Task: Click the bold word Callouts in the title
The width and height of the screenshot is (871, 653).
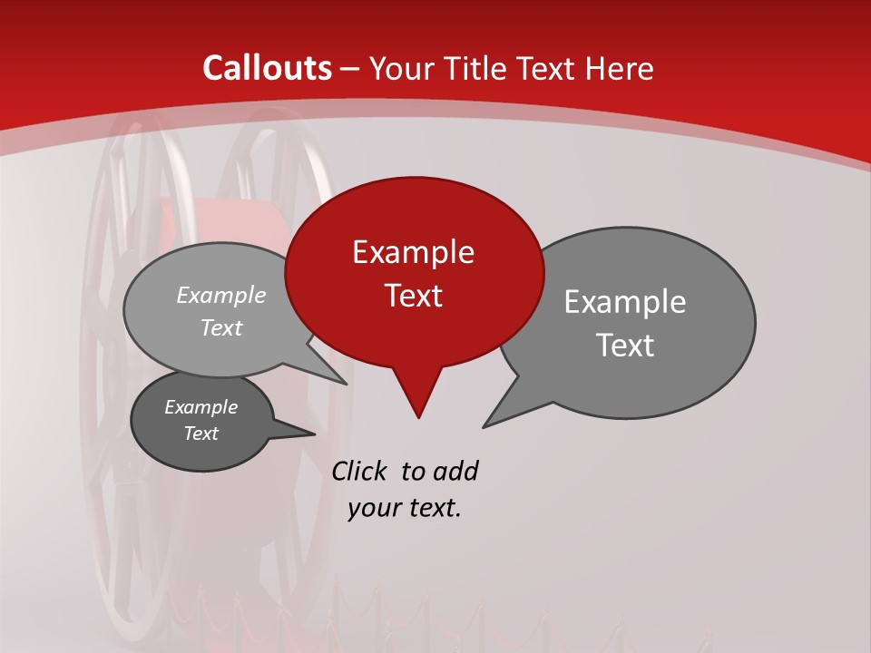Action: pos(267,68)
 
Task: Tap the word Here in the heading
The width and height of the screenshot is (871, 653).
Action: pos(619,68)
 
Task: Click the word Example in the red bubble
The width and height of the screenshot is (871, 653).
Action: pos(413,252)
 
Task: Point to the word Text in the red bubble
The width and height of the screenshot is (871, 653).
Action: pos(413,296)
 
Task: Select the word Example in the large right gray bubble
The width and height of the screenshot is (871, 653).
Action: pos(625,302)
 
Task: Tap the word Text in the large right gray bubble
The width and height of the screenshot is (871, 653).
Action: pos(625,346)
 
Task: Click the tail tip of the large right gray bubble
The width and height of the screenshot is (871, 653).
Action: pos(484,426)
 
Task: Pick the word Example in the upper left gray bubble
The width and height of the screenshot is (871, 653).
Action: pos(221,296)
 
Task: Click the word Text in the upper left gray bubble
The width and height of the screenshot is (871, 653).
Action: pos(221,328)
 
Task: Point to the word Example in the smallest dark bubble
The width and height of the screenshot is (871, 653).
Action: pos(201,407)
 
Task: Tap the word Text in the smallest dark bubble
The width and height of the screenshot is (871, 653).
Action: pos(201,434)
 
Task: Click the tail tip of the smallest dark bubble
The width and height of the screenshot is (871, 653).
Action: pos(314,434)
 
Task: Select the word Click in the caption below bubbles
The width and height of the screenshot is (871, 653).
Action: pos(360,471)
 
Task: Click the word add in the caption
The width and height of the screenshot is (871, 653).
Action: pos(455,471)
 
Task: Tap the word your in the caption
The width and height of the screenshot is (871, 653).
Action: pos(373,508)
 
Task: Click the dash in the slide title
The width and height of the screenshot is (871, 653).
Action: pos(351,68)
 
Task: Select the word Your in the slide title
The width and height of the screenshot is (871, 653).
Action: pos(401,68)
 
